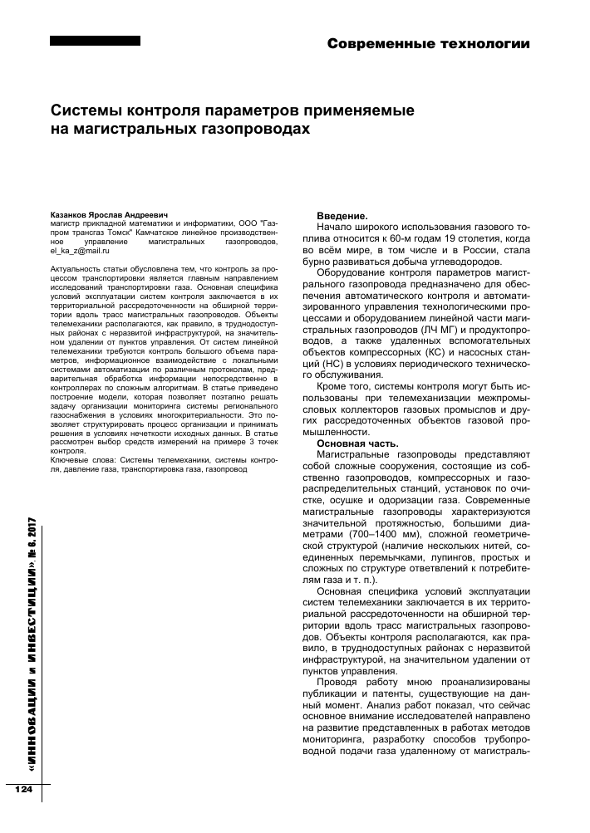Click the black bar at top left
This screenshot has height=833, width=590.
pos(95,41)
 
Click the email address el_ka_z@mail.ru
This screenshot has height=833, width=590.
pos(75,249)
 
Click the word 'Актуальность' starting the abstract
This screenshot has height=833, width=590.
pos(76,270)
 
